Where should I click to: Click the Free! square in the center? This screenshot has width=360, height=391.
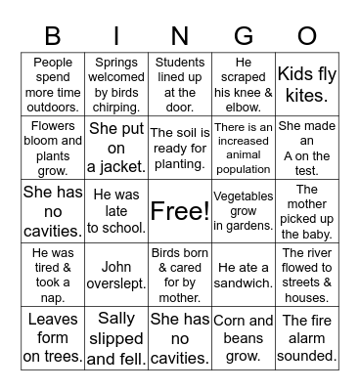(180, 210)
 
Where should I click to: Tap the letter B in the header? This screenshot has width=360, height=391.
(54, 36)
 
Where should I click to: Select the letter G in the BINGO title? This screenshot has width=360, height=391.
(244, 36)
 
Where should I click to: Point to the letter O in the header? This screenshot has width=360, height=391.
(306, 36)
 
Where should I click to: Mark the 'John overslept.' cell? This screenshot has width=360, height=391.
(116, 274)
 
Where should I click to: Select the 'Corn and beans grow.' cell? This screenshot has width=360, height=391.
(244, 338)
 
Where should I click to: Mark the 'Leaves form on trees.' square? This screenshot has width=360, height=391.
(54, 338)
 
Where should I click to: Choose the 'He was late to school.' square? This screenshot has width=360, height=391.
(116, 211)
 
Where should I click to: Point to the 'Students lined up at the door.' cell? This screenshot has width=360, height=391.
(180, 84)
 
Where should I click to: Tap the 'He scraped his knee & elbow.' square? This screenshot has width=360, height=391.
(244, 84)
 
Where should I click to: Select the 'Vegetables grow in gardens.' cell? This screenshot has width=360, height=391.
(244, 211)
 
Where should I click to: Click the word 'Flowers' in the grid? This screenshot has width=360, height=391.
(54, 125)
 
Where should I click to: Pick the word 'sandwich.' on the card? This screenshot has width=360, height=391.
(244, 283)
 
